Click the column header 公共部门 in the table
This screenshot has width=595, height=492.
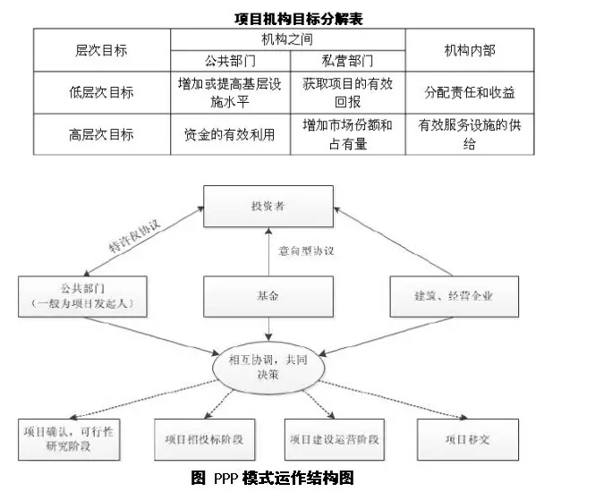click(x=229, y=61)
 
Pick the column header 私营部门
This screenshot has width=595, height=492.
click(x=347, y=61)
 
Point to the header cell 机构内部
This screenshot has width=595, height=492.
click(x=469, y=51)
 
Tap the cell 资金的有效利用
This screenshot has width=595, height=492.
click(x=229, y=134)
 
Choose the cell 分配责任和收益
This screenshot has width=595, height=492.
click(x=469, y=92)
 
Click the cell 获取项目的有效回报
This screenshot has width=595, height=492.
click(x=347, y=92)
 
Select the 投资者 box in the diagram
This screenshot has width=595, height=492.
click(x=268, y=207)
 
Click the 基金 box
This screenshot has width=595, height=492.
click(x=268, y=296)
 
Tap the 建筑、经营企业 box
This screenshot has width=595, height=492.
click(x=453, y=296)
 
